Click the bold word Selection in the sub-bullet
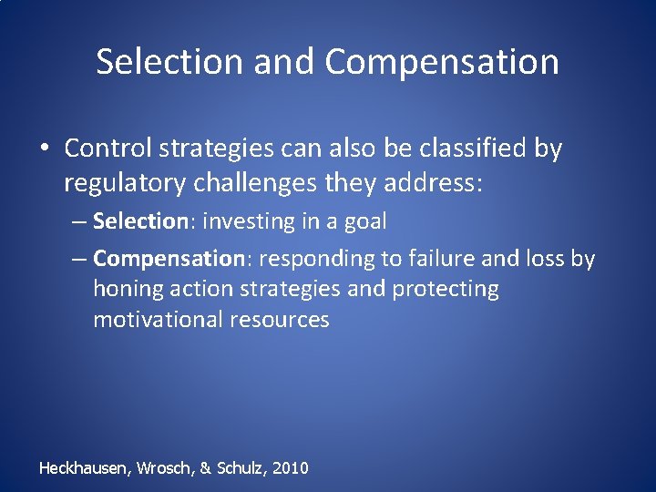pos(139,220)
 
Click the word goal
pos(366,221)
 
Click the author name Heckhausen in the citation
pos(85,468)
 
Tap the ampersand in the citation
pos(205,468)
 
